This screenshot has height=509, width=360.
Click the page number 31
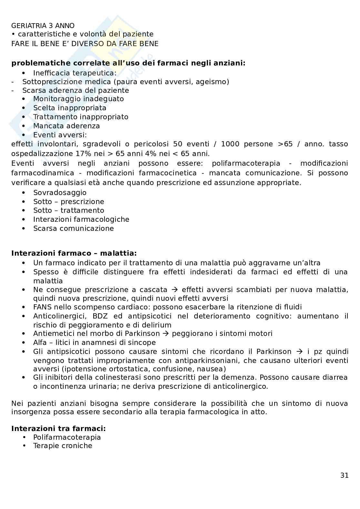tap(344, 475)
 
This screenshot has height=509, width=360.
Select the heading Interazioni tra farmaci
tap(58, 428)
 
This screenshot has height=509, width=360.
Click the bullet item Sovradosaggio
tap(60, 192)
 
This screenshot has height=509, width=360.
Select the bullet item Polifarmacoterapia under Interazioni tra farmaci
tap(67, 437)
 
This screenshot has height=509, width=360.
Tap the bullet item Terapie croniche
tap(63, 446)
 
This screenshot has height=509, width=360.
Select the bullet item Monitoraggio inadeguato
tap(78, 99)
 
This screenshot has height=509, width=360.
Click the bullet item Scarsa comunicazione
tap(74, 229)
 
